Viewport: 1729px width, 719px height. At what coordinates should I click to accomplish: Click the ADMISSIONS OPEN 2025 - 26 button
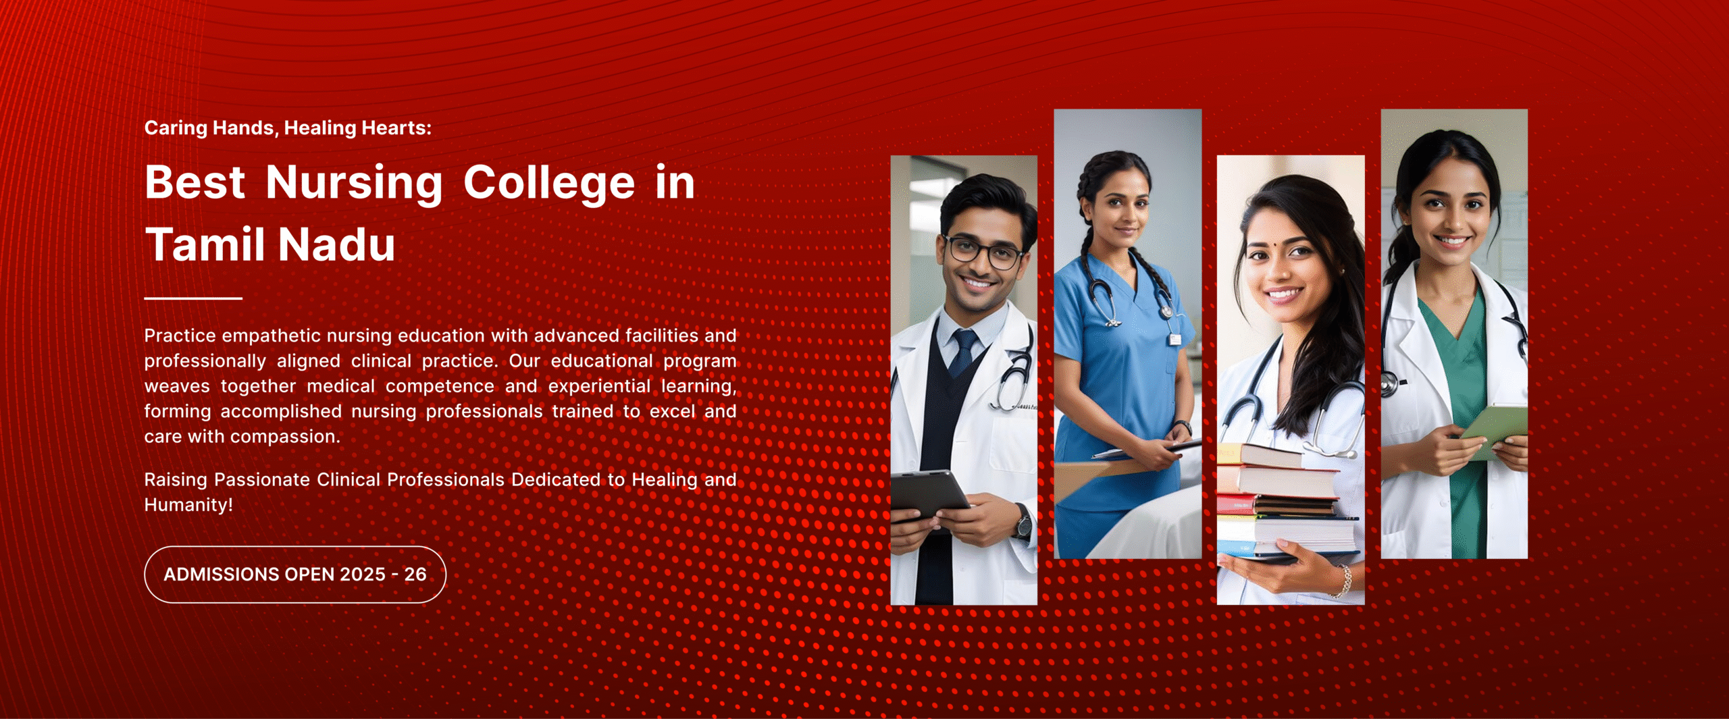point(295,575)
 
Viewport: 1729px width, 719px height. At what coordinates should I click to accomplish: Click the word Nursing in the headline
point(354,183)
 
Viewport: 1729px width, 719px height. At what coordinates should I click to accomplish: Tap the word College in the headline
point(549,183)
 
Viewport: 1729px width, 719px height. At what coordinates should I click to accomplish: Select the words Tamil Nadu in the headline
point(270,244)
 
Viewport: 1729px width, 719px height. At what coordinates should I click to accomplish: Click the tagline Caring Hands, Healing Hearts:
point(288,128)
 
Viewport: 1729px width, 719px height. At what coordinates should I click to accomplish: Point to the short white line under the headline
point(193,298)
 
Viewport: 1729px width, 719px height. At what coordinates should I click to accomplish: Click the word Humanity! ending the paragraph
point(188,505)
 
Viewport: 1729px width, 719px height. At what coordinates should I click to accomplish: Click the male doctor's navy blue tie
point(963,352)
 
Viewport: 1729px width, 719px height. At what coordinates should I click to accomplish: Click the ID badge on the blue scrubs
point(1175,338)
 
